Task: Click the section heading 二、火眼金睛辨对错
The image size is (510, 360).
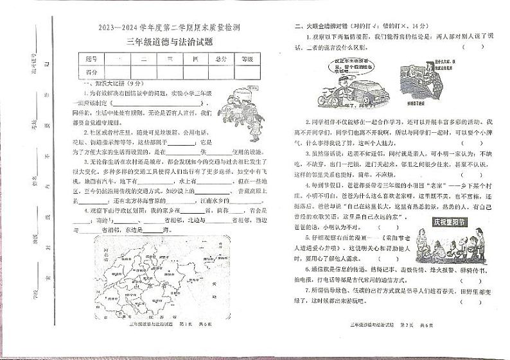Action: tap(327, 26)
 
